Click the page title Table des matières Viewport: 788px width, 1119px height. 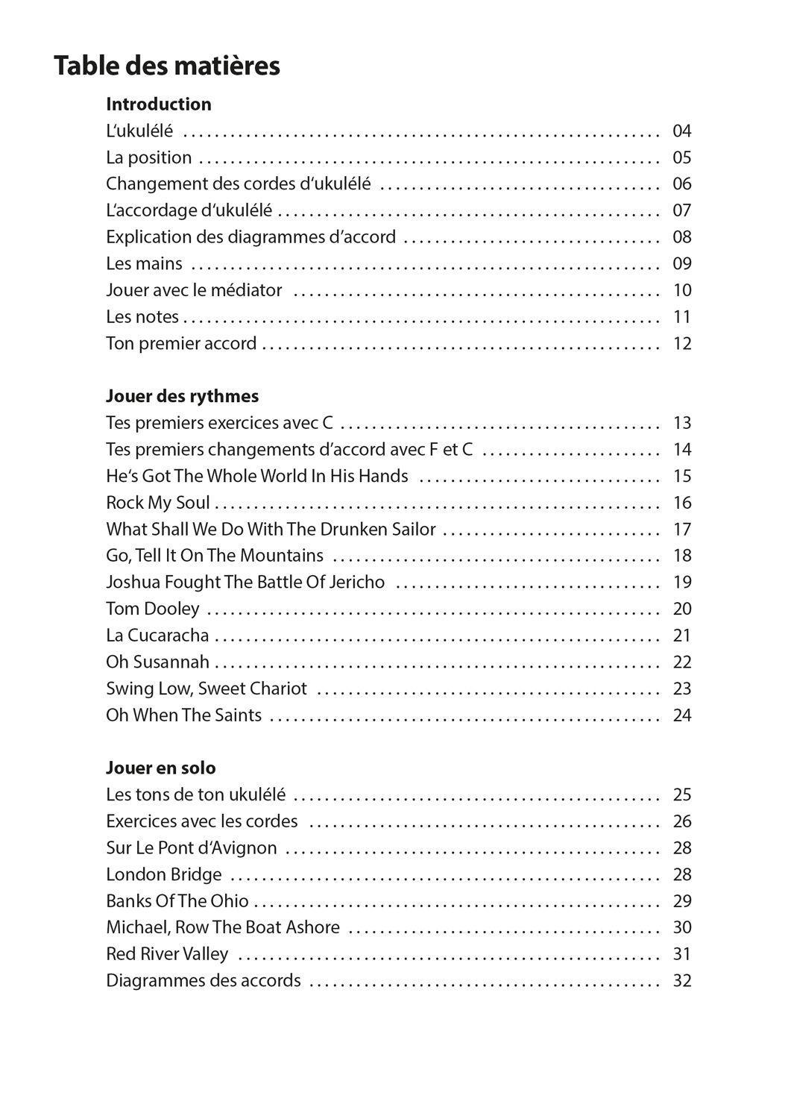(166, 66)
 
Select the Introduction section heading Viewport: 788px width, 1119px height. (158, 104)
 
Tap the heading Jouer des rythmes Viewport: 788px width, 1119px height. (182, 395)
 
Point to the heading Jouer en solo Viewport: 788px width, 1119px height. (160, 768)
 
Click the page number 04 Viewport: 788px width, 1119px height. (681, 131)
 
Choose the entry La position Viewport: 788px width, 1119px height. (148, 157)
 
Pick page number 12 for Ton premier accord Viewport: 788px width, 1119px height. (681, 344)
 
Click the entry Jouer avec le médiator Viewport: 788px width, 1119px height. (194, 290)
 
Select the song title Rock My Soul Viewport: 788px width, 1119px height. (157, 503)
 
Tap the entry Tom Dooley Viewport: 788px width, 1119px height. (152, 609)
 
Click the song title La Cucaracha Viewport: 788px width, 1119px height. (157, 636)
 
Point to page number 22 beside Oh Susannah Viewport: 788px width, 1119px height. (681, 662)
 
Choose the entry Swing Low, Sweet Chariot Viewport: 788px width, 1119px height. (206, 689)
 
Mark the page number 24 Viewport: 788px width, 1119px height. (681, 715)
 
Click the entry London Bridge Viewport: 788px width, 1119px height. (163, 874)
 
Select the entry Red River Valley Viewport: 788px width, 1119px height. (167, 954)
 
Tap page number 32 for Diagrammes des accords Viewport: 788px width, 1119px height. (681, 981)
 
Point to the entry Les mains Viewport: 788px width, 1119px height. (144, 263)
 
